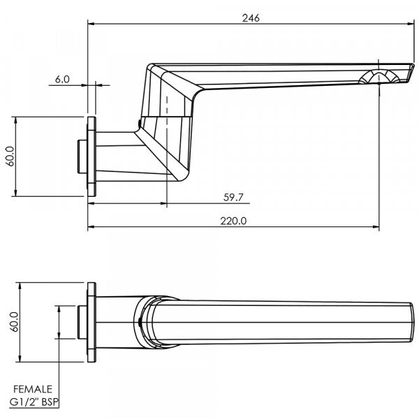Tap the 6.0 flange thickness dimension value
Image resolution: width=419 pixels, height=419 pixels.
coord(62,80)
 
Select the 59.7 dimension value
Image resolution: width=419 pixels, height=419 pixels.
coord(233,198)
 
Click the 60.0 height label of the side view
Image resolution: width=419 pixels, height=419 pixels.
coord(10,157)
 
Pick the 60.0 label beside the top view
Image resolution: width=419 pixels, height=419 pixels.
coord(10,323)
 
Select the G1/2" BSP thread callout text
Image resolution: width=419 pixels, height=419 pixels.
coord(34,402)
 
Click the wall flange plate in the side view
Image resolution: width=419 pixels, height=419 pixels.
coord(91,157)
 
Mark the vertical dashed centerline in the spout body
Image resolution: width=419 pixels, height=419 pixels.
coord(168,140)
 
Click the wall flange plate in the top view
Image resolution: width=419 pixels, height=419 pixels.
coord(91,323)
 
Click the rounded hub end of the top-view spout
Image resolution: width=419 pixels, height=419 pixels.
coord(143,323)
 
